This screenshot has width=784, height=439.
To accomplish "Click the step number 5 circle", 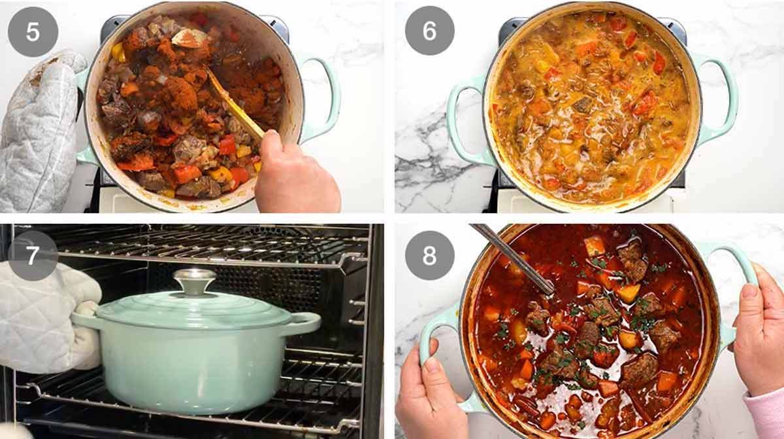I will (x=33, y=31).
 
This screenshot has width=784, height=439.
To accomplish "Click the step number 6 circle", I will (x=429, y=30).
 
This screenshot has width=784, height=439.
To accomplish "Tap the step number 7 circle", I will (x=33, y=255).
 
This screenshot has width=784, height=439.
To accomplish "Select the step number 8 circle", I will (x=429, y=255).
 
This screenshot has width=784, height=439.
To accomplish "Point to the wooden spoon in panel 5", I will (x=232, y=105).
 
